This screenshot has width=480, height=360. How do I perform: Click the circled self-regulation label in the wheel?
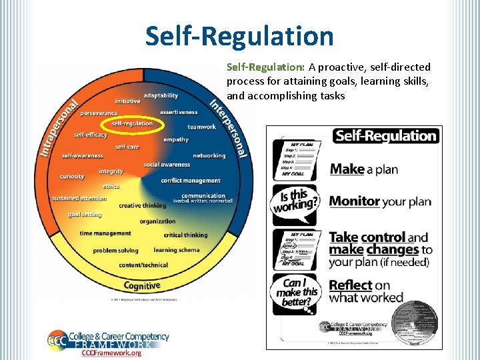click(x=132, y=123)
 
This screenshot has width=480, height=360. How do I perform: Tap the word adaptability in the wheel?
click(x=161, y=95)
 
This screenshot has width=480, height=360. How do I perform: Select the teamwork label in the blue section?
click(x=202, y=127)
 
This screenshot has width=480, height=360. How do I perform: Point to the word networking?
click(x=209, y=156)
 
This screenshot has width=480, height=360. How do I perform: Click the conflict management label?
click(x=191, y=181)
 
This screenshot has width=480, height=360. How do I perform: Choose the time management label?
click(x=105, y=233)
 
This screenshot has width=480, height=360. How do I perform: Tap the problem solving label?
click(x=116, y=251)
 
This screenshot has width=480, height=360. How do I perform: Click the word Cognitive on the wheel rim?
click(x=142, y=285)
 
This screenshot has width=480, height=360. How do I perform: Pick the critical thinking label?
click(x=186, y=235)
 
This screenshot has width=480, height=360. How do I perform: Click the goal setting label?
click(x=85, y=215)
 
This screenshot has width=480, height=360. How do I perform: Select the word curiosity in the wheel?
click(x=72, y=177)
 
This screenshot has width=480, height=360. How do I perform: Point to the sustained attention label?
click(x=79, y=198)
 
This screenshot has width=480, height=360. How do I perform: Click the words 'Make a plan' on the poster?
click(x=363, y=169)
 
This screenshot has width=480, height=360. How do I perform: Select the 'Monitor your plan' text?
click(x=380, y=201)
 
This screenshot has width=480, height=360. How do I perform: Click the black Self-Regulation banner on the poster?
click(x=385, y=136)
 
